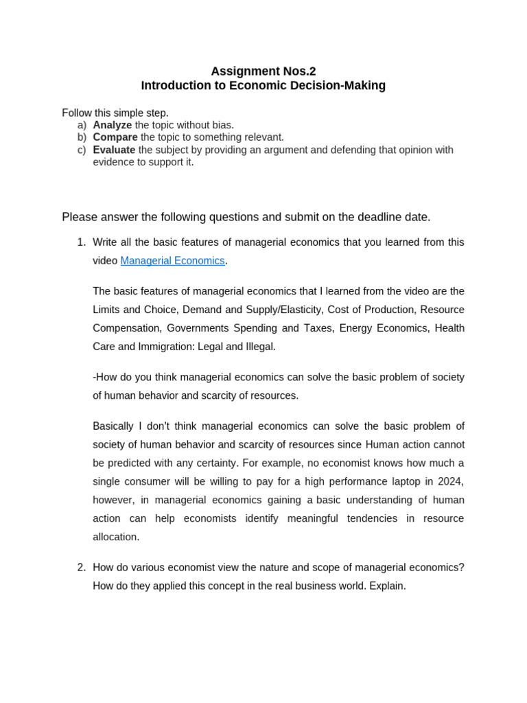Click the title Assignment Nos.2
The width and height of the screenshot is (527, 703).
pos(263,71)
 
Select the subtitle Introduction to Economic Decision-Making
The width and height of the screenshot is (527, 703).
pos(263,86)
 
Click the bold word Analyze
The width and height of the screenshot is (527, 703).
pos(112,125)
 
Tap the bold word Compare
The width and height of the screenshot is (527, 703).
pos(115,137)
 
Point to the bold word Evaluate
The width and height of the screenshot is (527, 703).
pos(114,150)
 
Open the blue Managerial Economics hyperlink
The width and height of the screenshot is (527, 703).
pos(172,261)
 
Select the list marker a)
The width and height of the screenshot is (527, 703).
pos(82,125)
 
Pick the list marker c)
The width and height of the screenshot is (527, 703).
pos(82,150)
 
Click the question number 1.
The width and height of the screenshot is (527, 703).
pos(81,242)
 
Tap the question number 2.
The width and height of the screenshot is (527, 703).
pos(81,568)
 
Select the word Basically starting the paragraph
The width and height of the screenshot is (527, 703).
pos(113,426)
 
